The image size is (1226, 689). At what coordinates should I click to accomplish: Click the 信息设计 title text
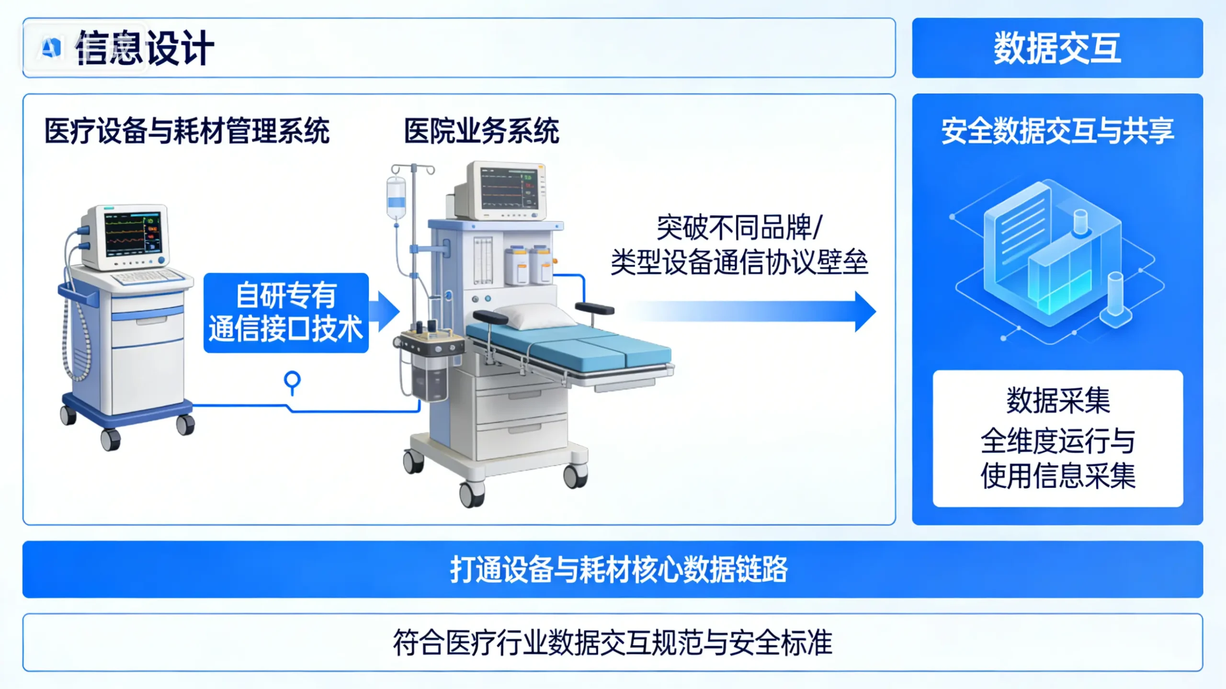(x=145, y=47)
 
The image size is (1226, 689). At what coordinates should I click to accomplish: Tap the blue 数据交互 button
(x=1057, y=48)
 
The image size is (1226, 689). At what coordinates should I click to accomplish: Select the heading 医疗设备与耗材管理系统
(x=187, y=131)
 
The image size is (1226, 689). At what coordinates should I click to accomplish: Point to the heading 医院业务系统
(x=481, y=131)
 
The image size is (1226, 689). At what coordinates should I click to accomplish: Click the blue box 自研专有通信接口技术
(x=286, y=313)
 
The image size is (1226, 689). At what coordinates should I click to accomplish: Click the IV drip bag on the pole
(x=396, y=197)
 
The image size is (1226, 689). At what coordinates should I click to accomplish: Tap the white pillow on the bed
(x=534, y=316)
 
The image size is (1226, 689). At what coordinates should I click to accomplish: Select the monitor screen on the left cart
(x=133, y=235)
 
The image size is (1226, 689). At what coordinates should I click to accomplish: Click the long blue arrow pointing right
(x=752, y=312)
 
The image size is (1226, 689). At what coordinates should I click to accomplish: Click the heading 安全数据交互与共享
(x=1057, y=131)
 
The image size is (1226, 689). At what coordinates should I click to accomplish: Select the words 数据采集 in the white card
(x=1057, y=400)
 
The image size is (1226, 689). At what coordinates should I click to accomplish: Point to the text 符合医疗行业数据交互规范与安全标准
(x=613, y=643)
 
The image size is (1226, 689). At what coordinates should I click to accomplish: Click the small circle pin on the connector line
(x=292, y=380)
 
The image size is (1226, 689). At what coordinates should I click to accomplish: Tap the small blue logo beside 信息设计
(x=51, y=47)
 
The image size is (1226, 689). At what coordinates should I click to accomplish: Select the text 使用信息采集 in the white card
(x=1057, y=476)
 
